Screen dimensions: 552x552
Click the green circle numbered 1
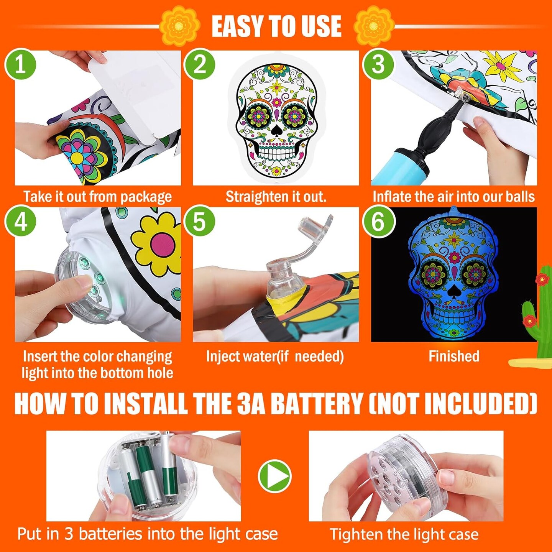coord(20,65)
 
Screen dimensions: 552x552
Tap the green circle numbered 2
coord(199,65)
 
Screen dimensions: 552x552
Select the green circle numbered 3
coord(378,65)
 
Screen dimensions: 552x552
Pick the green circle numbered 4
coord(20,222)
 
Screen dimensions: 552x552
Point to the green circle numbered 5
coord(199,222)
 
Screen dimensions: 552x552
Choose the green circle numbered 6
coord(378,222)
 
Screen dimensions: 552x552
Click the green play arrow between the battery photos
coord(274,476)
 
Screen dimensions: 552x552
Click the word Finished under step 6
coord(454,356)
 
